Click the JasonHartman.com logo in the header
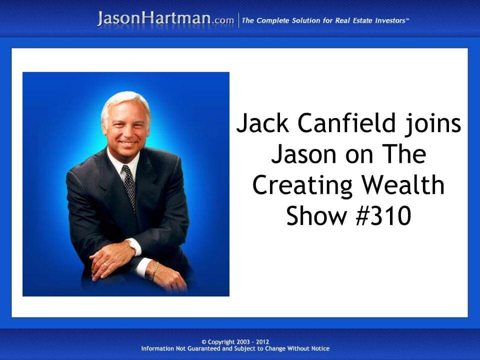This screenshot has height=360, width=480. click(x=165, y=18)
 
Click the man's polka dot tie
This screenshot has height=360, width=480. click(x=129, y=185)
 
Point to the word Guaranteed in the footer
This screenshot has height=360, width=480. click(x=202, y=348)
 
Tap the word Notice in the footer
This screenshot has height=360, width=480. click(x=318, y=348)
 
